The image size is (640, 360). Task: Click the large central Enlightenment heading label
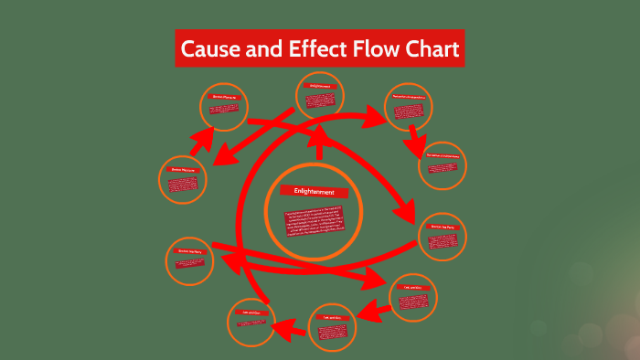pos(314,192)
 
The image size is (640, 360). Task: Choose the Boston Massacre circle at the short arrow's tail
pos(183,181)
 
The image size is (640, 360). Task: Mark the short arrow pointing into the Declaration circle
pos(417,138)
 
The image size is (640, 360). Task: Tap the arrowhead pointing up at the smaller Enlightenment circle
pos(320,134)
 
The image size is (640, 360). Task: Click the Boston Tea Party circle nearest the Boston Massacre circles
pos(190,261)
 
